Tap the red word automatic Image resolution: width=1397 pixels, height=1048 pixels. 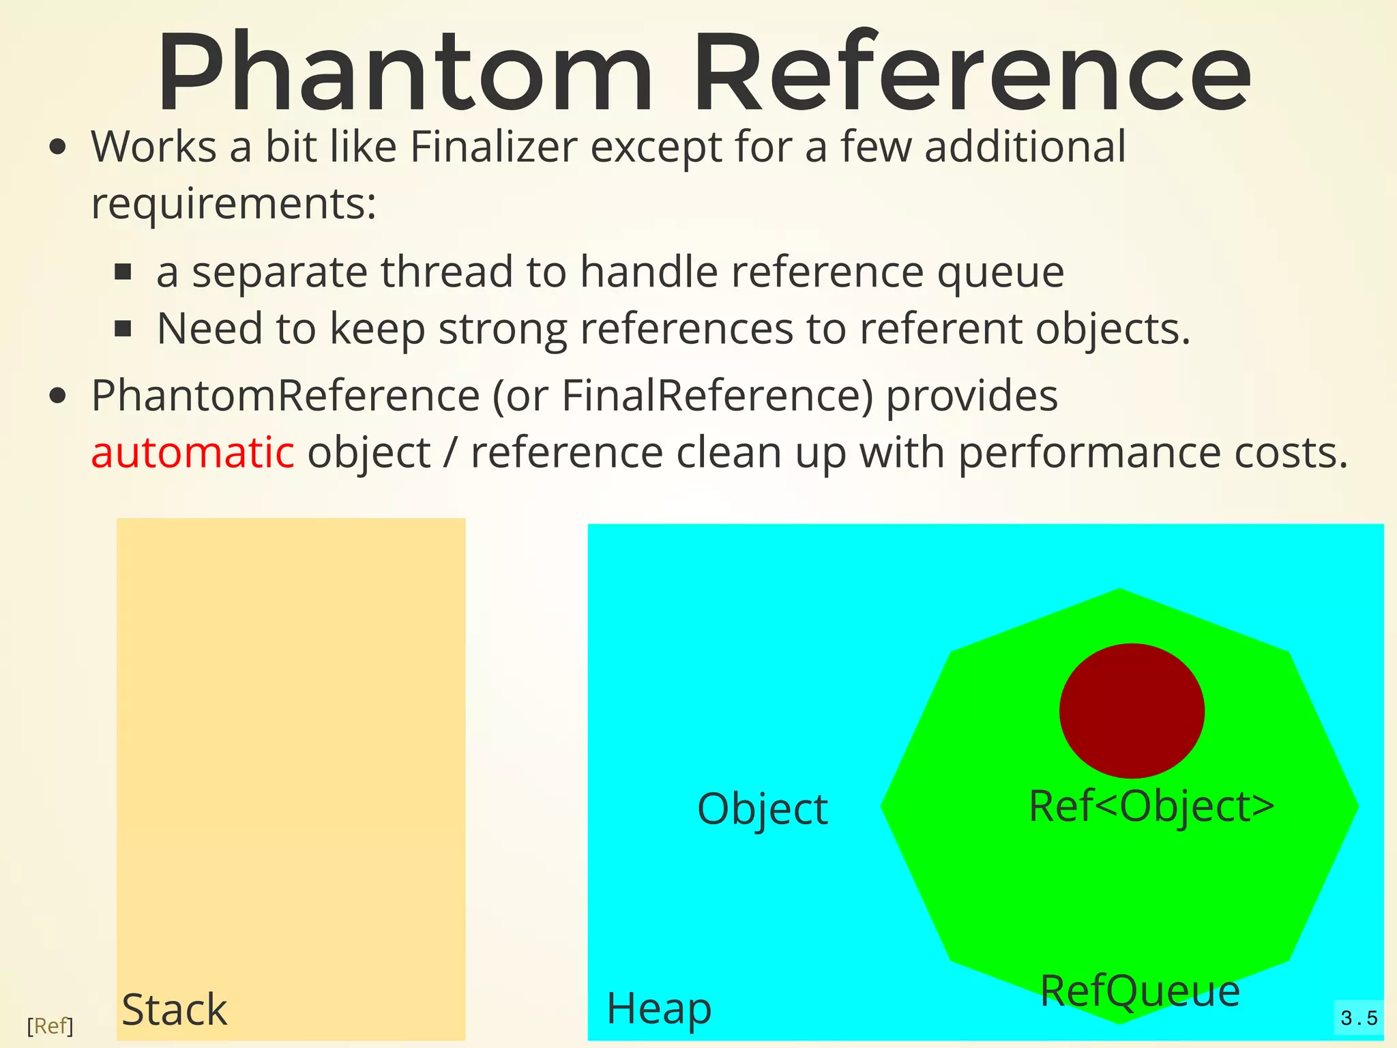click(192, 452)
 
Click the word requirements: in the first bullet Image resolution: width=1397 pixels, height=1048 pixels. click(234, 203)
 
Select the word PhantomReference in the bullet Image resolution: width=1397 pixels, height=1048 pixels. click(286, 396)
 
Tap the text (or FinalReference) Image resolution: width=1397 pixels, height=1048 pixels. click(683, 396)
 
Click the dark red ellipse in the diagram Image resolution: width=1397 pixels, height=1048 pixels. click(1132, 710)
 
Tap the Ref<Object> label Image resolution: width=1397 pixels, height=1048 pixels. click(1151, 806)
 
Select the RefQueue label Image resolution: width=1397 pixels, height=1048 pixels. click(1140, 991)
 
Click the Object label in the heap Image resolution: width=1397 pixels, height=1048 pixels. click(762, 810)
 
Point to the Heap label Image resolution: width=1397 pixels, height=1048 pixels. click(659, 1008)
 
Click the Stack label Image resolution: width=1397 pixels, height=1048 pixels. click(174, 1010)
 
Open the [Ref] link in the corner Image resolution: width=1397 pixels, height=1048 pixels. click(50, 1025)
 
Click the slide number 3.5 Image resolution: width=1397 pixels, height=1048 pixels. click(1358, 1019)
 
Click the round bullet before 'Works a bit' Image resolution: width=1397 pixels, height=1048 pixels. click(59, 147)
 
